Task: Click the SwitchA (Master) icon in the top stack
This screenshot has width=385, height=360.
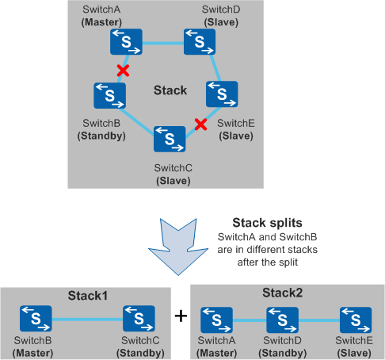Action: (126, 42)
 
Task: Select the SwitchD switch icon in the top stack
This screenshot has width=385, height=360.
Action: (200, 42)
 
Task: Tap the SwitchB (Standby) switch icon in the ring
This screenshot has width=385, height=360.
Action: (110, 96)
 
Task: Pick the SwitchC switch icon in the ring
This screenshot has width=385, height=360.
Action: (170, 139)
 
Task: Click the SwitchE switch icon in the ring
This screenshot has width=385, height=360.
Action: (222, 94)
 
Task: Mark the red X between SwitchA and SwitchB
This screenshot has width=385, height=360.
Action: (123, 71)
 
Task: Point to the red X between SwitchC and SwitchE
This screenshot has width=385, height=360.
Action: (200, 124)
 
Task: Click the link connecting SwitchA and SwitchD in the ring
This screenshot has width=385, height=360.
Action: (163, 43)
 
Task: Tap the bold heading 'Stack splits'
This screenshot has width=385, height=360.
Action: (267, 223)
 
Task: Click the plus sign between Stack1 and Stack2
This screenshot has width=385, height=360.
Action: (181, 316)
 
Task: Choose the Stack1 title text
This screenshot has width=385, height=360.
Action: (88, 296)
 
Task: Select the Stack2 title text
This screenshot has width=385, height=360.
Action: (282, 293)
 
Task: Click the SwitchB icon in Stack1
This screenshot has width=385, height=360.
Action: (36, 319)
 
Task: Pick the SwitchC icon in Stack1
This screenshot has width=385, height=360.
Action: (139, 319)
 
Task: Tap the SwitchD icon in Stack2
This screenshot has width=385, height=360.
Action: (283, 320)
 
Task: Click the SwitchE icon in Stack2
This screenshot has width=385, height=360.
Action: (356, 320)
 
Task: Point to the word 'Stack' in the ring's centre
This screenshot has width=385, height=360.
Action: (170, 90)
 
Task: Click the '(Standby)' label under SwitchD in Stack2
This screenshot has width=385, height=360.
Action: (283, 353)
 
